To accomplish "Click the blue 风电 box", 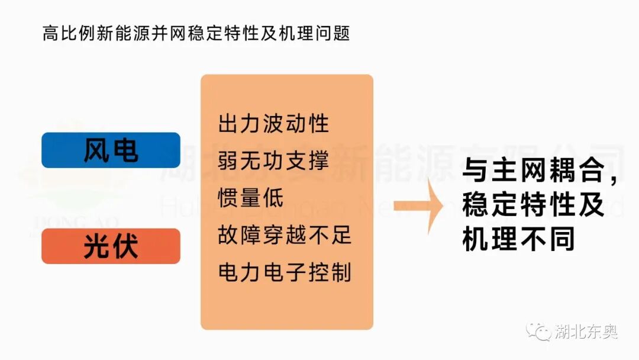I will (x=111, y=150).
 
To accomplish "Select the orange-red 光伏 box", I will (x=111, y=246).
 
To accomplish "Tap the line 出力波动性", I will (x=273, y=124).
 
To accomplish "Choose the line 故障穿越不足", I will (x=285, y=235).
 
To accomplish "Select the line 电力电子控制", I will (x=285, y=272).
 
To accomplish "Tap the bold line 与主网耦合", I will (x=532, y=172).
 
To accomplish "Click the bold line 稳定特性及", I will (x=532, y=206).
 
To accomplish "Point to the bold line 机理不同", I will (x=519, y=240).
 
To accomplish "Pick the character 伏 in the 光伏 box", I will (x=125, y=246).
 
